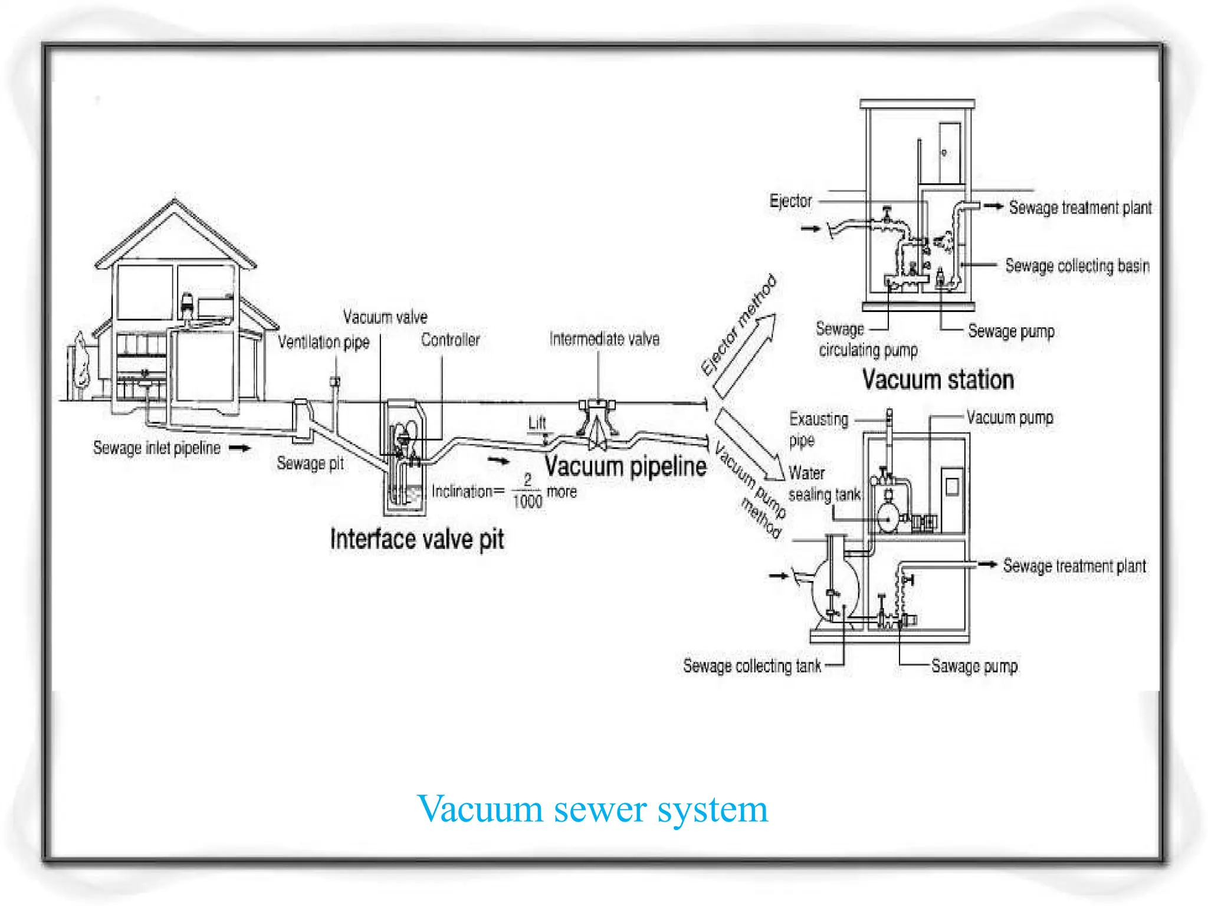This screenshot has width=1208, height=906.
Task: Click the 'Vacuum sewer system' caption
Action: pyautogui.click(x=592, y=809)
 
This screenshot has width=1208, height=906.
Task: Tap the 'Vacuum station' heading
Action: pyautogui.click(x=938, y=379)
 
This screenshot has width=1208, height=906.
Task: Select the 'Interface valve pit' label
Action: pyautogui.click(x=417, y=539)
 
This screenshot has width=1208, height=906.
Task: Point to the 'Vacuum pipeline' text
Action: pyautogui.click(x=625, y=466)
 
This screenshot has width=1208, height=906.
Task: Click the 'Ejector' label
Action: pyautogui.click(x=790, y=201)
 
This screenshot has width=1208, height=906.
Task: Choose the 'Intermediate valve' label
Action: pyautogui.click(x=604, y=339)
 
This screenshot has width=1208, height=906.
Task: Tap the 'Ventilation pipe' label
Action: pyautogui.click(x=323, y=342)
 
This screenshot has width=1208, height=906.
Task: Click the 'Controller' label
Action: pyautogui.click(x=450, y=340)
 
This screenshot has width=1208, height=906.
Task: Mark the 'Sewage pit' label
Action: pyautogui.click(x=310, y=463)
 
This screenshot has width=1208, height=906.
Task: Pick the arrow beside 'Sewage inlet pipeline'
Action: pyautogui.click(x=239, y=448)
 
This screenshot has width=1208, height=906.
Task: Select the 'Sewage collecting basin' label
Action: pyautogui.click(x=1077, y=266)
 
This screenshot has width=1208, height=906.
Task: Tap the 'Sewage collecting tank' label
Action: pyautogui.click(x=751, y=666)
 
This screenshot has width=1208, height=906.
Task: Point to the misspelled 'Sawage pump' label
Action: pyautogui.click(x=974, y=666)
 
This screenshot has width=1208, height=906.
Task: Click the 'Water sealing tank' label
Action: pyautogui.click(x=824, y=484)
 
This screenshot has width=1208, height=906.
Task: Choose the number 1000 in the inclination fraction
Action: pyautogui.click(x=527, y=502)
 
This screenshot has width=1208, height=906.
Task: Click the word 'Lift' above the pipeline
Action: pyautogui.click(x=537, y=423)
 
